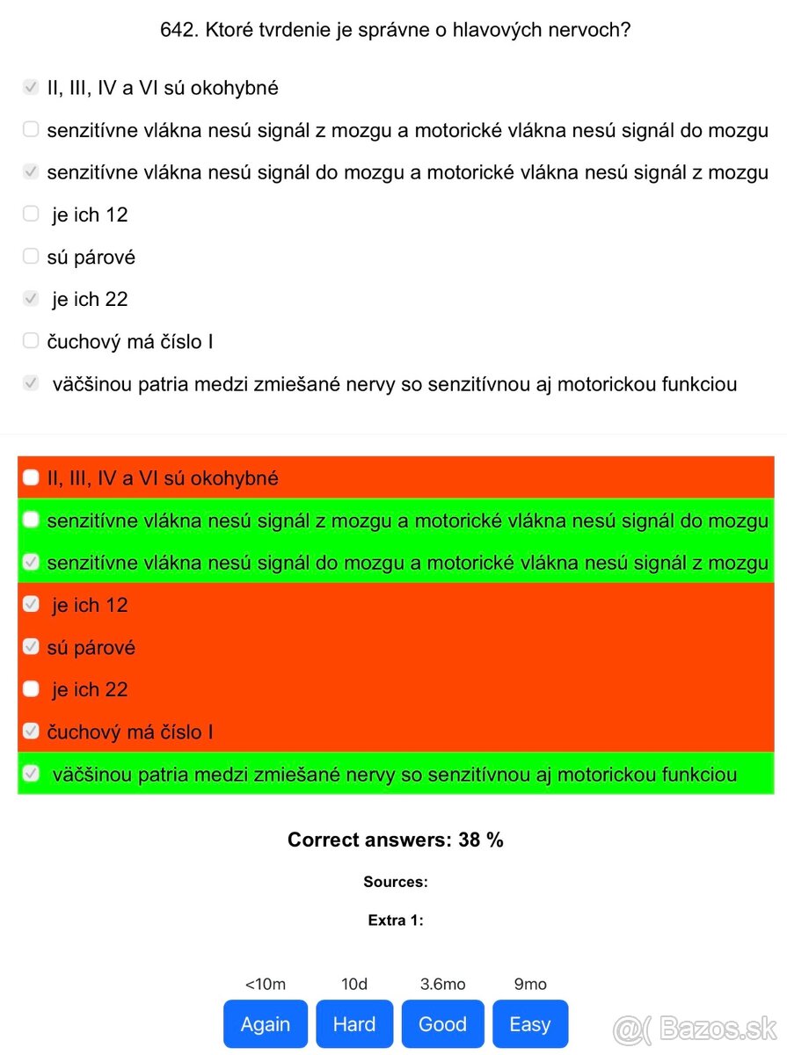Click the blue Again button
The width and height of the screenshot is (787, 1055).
tap(266, 1023)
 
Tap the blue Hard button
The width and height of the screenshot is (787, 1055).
tap(354, 1023)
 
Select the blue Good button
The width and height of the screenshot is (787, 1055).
tap(442, 1023)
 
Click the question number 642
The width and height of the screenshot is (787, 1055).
tap(179, 30)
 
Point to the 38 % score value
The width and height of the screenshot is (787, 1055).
tap(481, 840)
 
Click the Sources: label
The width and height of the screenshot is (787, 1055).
tap(396, 881)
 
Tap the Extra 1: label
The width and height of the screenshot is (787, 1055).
tap(396, 920)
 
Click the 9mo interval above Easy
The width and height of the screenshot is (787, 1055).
tap(529, 984)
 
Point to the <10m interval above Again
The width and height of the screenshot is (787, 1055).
tap(266, 984)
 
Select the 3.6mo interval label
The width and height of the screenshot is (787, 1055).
tap(442, 984)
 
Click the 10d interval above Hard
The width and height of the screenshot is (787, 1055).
tap(354, 984)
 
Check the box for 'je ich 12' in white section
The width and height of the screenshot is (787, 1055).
tap(31, 214)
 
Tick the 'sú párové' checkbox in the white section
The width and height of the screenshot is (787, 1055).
tap(31, 256)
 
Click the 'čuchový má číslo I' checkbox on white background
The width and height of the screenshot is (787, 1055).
tap(31, 340)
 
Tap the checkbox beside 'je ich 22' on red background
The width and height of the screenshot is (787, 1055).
tap(31, 689)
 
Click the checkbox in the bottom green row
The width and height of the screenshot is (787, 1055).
tap(31, 774)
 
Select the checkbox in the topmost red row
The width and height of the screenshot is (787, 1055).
tap(31, 477)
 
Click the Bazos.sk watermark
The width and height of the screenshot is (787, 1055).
tap(696, 1026)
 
